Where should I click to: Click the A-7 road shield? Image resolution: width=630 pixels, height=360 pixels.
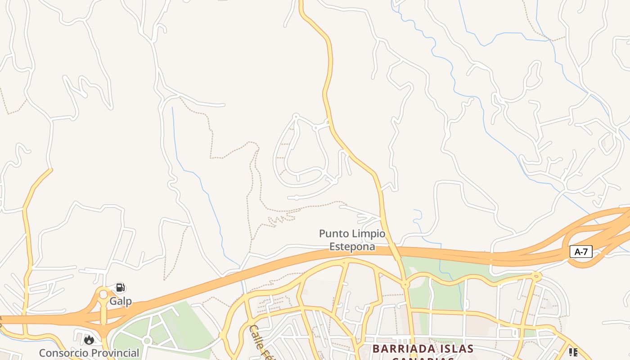pyautogui.click(x=581, y=252)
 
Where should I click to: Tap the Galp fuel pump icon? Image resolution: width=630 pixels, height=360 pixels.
pyautogui.click(x=120, y=288)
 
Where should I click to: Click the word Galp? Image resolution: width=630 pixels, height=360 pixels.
pyautogui.click(x=121, y=301)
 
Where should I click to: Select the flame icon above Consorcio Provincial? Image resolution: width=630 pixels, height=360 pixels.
pyautogui.click(x=89, y=340)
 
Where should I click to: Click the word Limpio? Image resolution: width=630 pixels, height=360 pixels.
pyautogui.click(x=369, y=234)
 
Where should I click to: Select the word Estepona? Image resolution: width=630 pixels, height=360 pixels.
pyautogui.click(x=352, y=246)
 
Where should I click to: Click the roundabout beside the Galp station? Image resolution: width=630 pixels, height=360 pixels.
pyautogui.click(x=103, y=294)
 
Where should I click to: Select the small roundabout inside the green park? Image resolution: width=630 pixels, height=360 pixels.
pyautogui.click(x=146, y=341)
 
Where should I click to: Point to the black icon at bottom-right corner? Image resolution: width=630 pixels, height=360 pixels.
pyautogui.click(x=573, y=352)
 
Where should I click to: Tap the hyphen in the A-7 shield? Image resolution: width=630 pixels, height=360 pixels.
pyautogui.click(x=581, y=252)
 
